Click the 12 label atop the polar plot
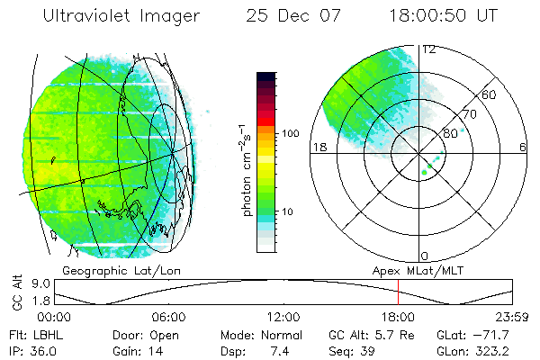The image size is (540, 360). [x=429, y=49]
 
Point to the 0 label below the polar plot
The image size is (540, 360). [x=425, y=256]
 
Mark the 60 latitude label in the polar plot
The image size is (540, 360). [x=490, y=95]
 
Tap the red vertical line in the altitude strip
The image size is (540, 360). [x=398, y=292]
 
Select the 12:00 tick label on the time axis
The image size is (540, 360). [x=283, y=317]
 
